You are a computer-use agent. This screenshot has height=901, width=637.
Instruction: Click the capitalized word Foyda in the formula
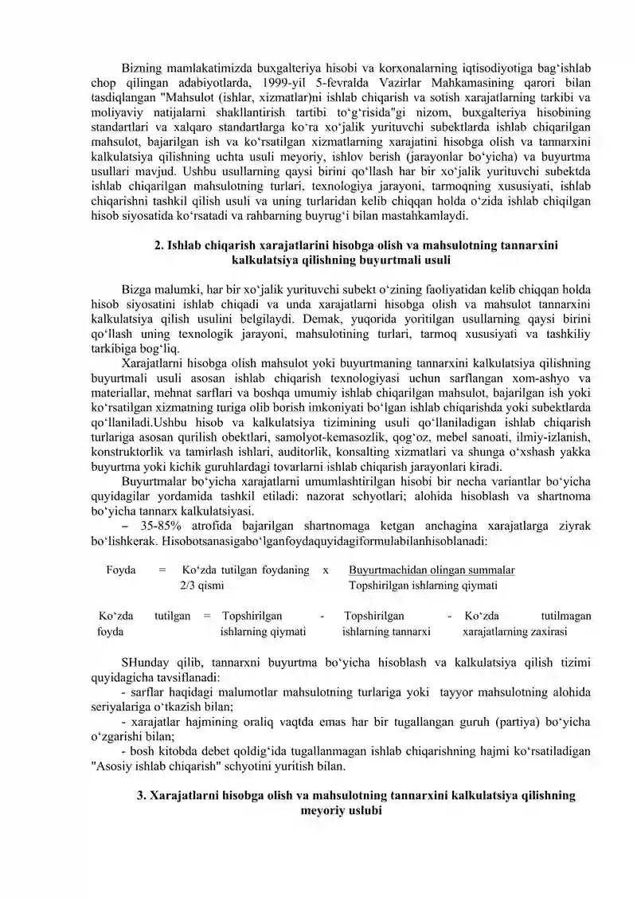click(120, 570)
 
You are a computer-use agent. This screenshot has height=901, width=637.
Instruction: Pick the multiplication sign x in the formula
click(326, 570)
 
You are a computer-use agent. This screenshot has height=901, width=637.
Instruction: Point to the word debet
click(231, 752)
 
